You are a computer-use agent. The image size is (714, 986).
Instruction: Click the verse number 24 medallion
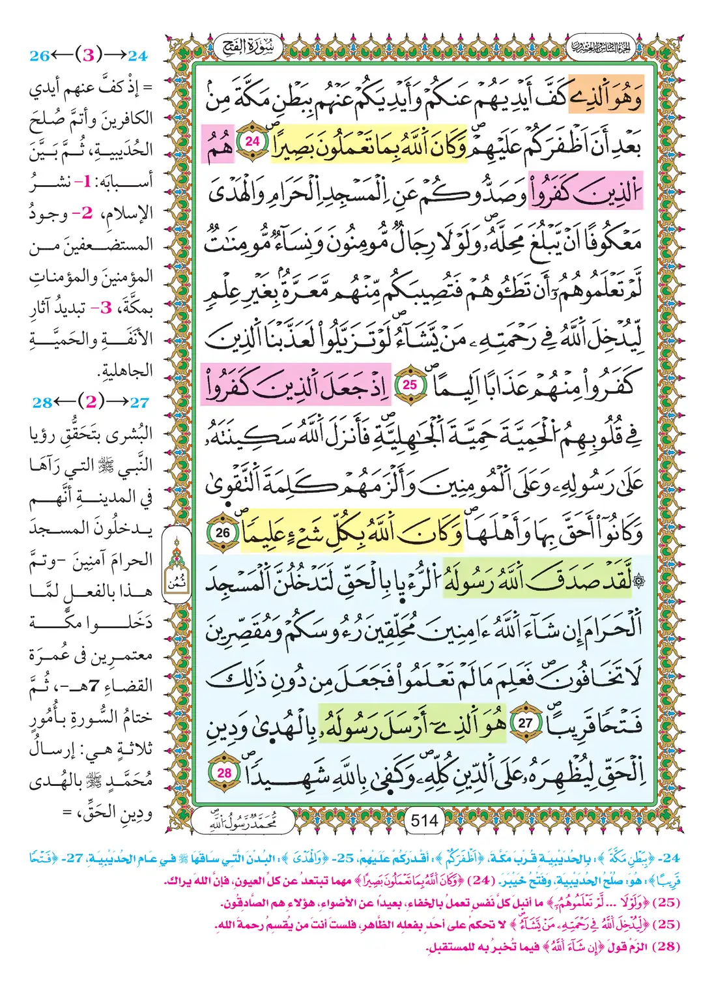(252, 141)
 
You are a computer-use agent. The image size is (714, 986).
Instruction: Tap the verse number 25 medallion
(409, 384)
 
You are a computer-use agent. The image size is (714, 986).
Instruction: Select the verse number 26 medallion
(223, 532)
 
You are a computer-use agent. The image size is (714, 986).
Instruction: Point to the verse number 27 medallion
(525, 723)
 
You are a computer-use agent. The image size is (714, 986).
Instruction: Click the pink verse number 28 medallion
(224, 773)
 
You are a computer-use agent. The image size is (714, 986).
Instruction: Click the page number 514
(424, 820)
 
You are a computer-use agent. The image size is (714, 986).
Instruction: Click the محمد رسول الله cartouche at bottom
(242, 822)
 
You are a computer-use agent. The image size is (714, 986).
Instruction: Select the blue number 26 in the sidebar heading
(40, 56)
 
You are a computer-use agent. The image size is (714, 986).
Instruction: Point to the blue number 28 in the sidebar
(42, 402)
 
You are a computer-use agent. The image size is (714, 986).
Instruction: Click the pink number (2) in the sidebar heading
(91, 401)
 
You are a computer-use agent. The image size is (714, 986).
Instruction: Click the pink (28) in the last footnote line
(665, 946)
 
